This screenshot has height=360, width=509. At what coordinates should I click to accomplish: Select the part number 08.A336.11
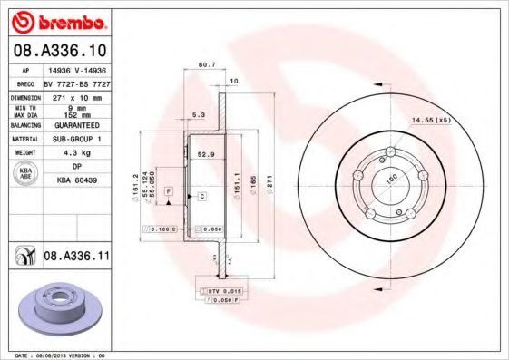(x=75, y=258)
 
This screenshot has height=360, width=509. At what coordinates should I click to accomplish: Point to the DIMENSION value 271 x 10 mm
(x=77, y=95)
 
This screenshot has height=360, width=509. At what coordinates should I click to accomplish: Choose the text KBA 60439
(x=77, y=180)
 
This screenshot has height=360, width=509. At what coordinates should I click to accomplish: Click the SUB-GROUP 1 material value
(x=77, y=139)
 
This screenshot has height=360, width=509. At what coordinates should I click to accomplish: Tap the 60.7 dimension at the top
(x=205, y=64)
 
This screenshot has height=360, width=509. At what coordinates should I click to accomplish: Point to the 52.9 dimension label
(x=206, y=155)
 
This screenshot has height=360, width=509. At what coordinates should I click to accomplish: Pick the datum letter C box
(x=201, y=196)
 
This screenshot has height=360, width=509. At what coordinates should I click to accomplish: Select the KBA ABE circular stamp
(x=25, y=174)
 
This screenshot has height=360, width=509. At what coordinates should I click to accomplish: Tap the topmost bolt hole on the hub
(x=388, y=151)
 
